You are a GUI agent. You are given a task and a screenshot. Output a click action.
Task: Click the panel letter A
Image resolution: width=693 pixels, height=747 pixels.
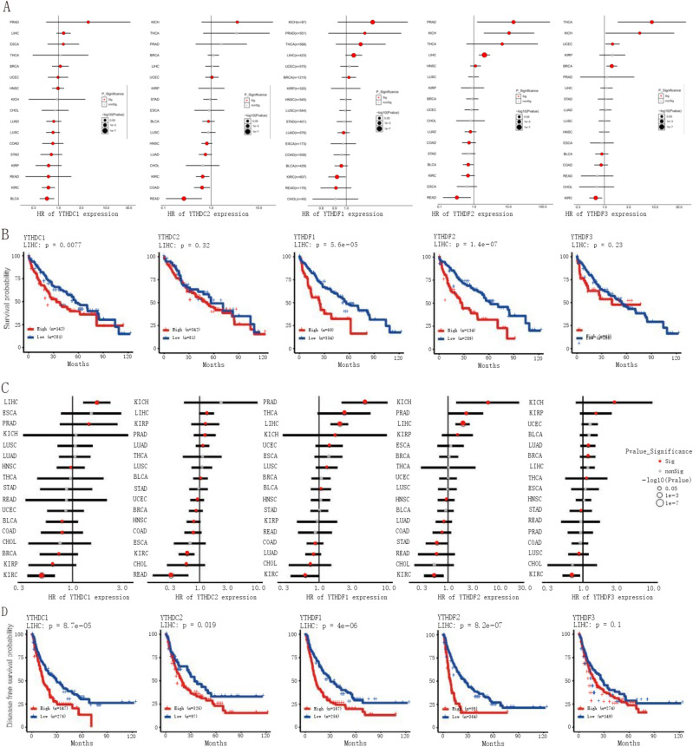(7, 7)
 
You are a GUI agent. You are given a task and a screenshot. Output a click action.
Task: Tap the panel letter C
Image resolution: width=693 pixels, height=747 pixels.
(7, 388)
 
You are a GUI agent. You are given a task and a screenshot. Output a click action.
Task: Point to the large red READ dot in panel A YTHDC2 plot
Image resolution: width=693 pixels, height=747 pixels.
(183, 198)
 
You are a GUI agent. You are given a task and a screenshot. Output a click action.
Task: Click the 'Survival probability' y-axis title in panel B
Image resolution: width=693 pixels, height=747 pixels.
(9, 298)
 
